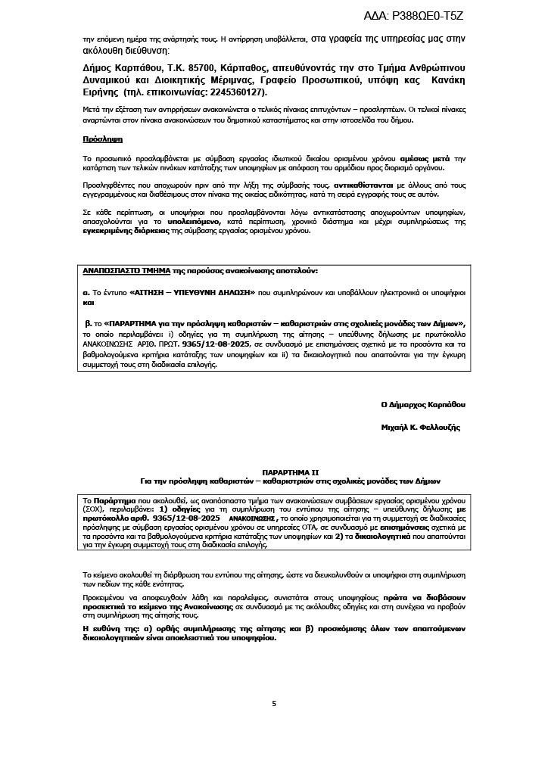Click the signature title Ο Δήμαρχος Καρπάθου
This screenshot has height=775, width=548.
[423, 405]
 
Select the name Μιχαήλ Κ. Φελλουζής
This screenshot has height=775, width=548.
[420, 428]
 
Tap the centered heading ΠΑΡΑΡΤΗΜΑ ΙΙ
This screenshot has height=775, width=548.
[274, 472]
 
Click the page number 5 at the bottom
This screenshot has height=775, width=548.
[274, 704]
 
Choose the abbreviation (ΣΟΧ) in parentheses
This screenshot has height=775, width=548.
[95, 509]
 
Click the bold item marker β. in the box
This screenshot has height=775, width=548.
[88, 323]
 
